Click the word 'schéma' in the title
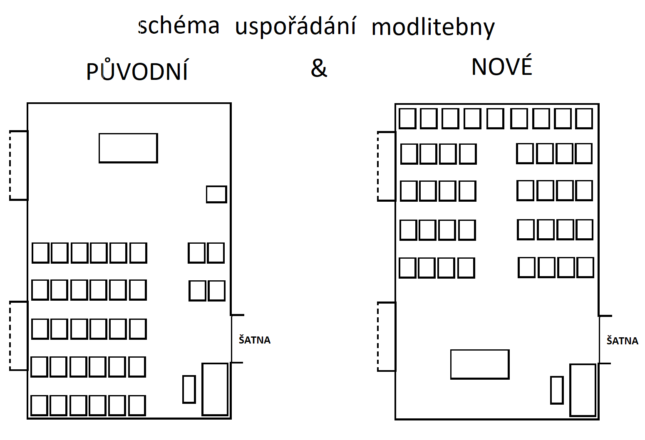point(179,26)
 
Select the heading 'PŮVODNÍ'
point(137,71)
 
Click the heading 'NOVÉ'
point(502,67)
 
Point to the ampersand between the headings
point(319,68)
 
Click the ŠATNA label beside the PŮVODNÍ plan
point(255,340)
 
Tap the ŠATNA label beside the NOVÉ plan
point(622,341)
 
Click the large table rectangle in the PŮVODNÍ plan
point(128,148)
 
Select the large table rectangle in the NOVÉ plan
point(480,364)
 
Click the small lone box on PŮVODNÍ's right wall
point(216,194)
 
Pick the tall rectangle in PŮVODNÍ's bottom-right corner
point(215,389)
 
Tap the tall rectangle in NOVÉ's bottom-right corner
point(583,390)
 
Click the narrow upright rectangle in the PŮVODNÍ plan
point(189,389)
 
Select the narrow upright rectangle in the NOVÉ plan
point(557,390)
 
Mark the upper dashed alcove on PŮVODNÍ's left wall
point(19,166)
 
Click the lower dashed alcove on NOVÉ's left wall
point(387,336)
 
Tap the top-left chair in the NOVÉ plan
point(407,119)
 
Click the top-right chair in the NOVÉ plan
point(584,119)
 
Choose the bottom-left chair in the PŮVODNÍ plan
point(39,405)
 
